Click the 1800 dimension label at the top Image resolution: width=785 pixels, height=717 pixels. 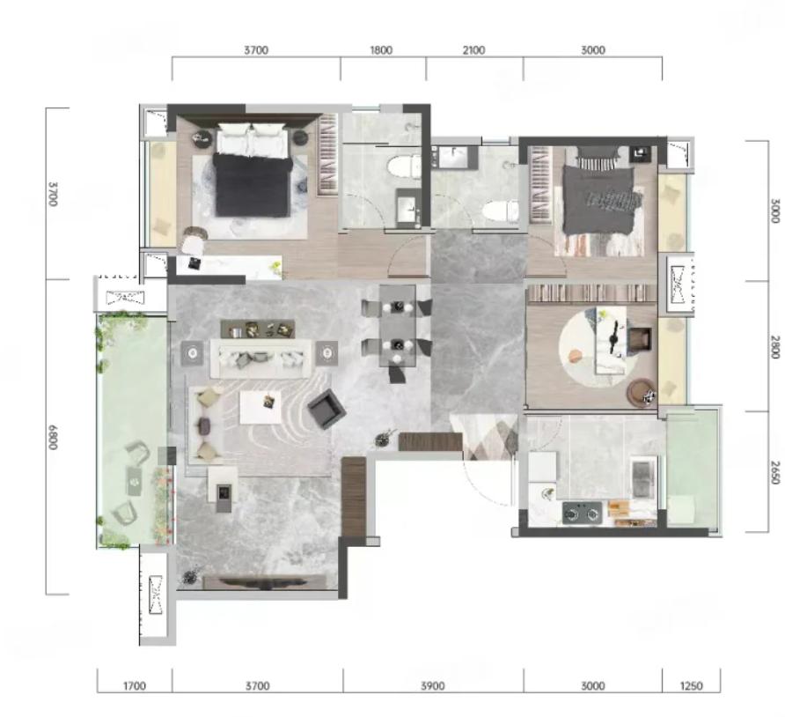[x=381, y=50]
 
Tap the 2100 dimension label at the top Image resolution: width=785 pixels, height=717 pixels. [x=473, y=50]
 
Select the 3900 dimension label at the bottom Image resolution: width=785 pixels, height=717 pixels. [x=433, y=685]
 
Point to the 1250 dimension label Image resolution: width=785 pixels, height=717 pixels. [x=691, y=685]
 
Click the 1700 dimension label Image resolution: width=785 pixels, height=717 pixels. [x=134, y=685]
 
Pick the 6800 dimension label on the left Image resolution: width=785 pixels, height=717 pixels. [x=54, y=437]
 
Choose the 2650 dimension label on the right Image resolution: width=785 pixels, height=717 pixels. [x=774, y=472]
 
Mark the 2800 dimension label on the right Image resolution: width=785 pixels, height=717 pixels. [x=774, y=347]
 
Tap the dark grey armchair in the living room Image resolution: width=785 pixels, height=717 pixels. [x=326, y=409]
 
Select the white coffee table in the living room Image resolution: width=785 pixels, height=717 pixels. [x=260, y=407]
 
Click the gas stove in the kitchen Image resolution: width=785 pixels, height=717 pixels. [x=582, y=513]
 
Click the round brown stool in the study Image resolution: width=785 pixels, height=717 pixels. [x=640, y=392]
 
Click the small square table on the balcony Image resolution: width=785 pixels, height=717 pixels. [x=134, y=481]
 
